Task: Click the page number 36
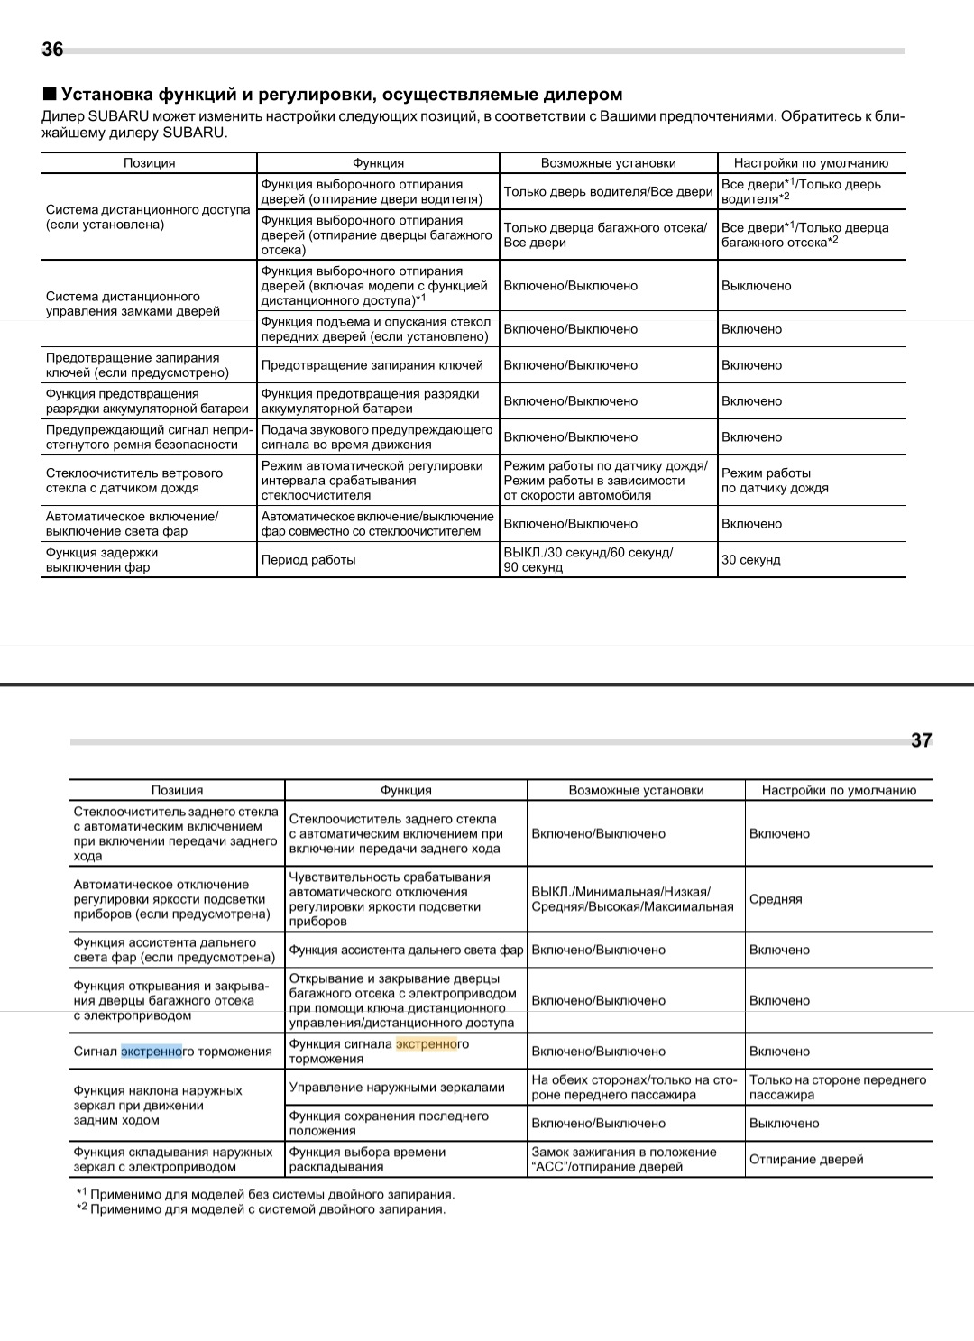(52, 50)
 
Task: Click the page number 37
(921, 740)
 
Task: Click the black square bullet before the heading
(50, 94)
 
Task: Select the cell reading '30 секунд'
(750, 560)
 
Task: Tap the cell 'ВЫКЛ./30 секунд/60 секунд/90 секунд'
(588, 560)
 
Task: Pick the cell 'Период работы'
(308, 560)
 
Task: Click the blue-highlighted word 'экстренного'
(152, 1052)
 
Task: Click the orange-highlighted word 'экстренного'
(427, 1044)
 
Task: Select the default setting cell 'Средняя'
(776, 900)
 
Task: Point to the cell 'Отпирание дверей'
(806, 1160)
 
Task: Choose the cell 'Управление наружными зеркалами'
(397, 1088)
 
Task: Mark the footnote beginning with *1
(266, 1195)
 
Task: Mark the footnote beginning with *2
(262, 1209)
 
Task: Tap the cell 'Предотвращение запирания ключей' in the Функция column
(372, 365)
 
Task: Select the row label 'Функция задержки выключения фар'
(102, 560)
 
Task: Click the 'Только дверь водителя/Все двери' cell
(608, 192)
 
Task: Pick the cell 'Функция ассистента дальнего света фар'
(406, 951)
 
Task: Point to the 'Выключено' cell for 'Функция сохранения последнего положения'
(784, 1124)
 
